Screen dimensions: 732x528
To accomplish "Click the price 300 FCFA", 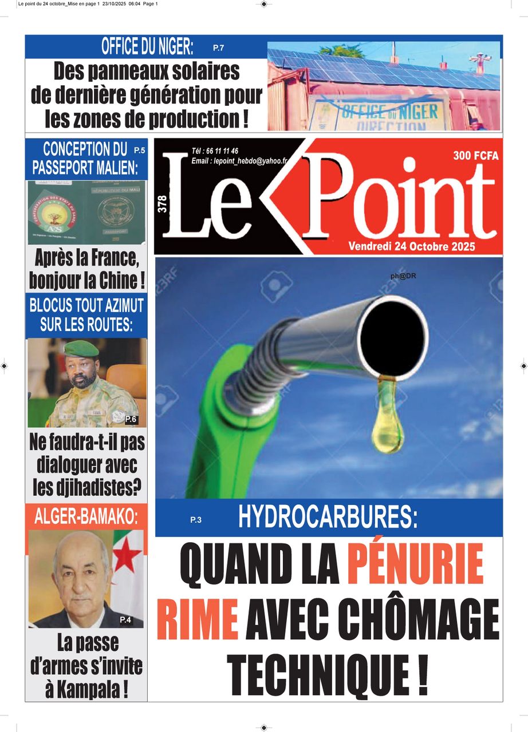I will [475, 156].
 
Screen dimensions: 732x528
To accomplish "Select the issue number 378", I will [162, 205].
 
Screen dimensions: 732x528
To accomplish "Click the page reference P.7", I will [218, 48].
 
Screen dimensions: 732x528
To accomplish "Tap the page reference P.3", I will [196, 520].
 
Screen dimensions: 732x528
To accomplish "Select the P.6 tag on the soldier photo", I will [131, 419].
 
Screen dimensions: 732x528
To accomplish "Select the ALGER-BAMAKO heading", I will [86, 516].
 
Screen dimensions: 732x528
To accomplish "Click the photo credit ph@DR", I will [403, 276].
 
